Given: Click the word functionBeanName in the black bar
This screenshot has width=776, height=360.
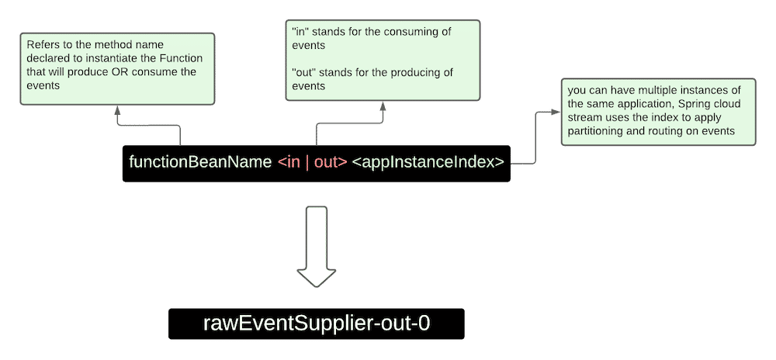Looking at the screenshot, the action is (x=200, y=162).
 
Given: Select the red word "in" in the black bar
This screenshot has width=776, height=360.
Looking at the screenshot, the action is (x=293, y=162).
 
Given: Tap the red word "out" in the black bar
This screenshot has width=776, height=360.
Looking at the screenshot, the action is (x=327, y=163).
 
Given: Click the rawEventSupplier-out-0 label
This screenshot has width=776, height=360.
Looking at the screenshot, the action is (x=317, y=324).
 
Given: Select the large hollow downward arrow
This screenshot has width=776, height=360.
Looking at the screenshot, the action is (x=317, y=246).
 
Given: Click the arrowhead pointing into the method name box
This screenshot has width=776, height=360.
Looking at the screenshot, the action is (x=117, y=110).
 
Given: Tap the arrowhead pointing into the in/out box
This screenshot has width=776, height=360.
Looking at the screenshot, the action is (x=383, y=106).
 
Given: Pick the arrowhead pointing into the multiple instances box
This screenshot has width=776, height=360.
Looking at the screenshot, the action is (x=556, y=112).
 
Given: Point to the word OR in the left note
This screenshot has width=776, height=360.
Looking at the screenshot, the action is (x=120, y=71).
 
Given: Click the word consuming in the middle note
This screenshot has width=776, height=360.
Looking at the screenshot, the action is (x=406, y=32).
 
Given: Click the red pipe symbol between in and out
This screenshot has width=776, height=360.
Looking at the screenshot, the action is (x=307, y=163).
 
